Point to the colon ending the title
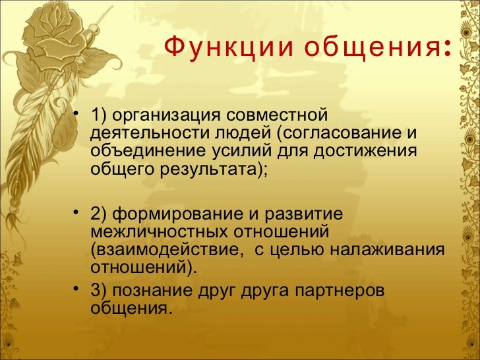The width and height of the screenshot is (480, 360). point(448,48)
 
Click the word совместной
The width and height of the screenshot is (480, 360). point(274,117)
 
